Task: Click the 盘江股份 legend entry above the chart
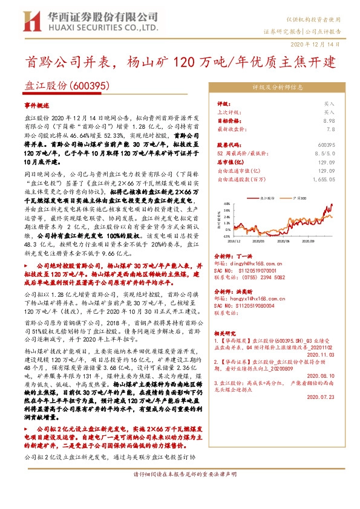(x=266, y=197)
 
